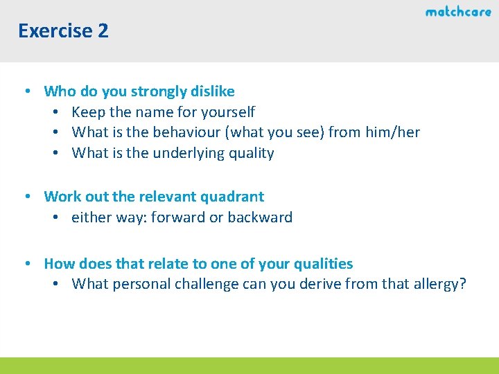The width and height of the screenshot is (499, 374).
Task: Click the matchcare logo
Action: tap(458, 12)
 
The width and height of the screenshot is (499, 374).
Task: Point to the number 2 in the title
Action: tap(103, 31)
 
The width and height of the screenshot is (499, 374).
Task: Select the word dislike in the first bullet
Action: tap(211, 91)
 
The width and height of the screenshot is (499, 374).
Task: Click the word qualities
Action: tap(324, 264)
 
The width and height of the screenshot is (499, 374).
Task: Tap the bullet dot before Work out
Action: tap(26, 197)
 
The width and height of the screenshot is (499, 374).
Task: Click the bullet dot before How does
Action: tap(26, 264)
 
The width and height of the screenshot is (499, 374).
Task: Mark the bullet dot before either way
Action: tap(55, 217)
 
